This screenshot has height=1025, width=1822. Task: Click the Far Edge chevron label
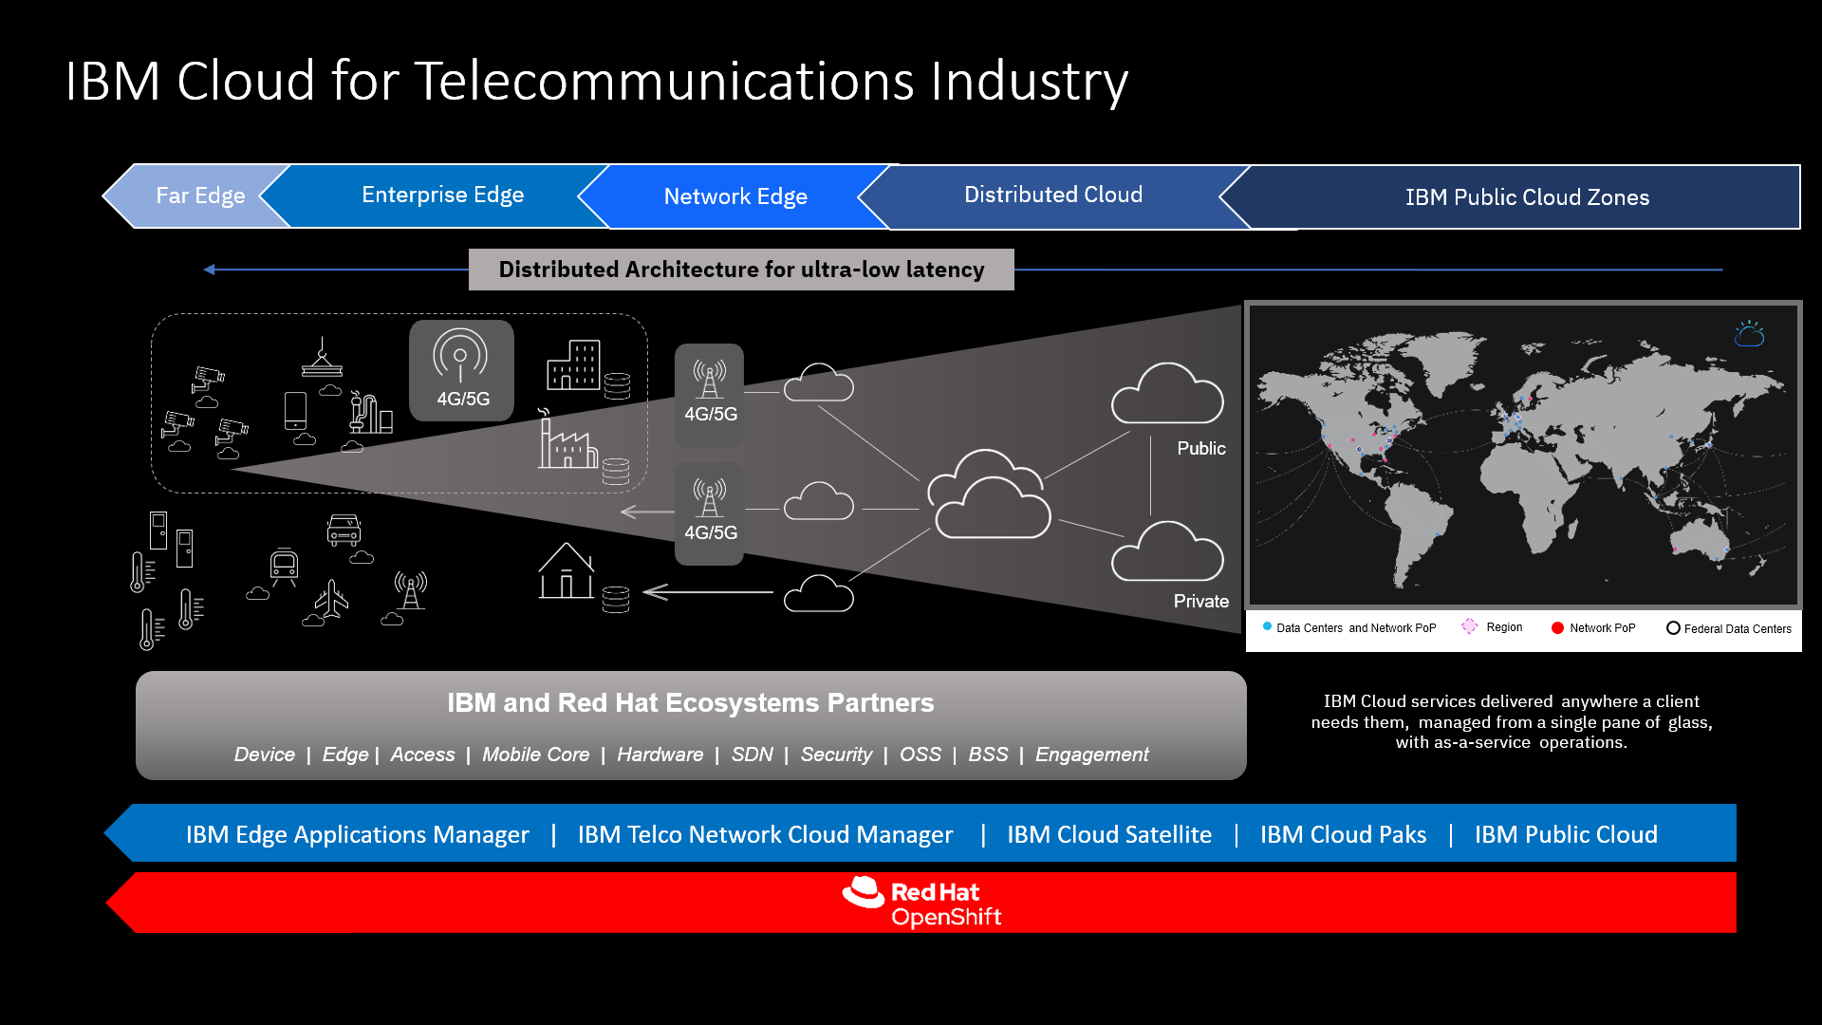(x=200, y=196)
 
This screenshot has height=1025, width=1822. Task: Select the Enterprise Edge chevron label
(x=442, y=195)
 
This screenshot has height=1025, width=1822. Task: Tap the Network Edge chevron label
(x=735, y=196)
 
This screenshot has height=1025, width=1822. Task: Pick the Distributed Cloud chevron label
(x=1053, y=195)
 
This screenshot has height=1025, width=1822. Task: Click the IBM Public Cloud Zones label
(x=1527, y=197)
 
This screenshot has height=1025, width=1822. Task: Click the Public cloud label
(x=1201, y=448)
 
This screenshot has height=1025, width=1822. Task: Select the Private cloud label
(x=1200, y=601)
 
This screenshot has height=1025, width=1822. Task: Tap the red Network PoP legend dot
(x=1557, y=628)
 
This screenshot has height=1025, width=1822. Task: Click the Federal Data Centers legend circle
(x=1673, y=628)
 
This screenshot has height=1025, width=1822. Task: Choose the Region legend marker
(x=1470, y=626)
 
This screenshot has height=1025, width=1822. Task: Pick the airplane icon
(x=332, y=599)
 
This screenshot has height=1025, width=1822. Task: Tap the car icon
(x=344, y=530)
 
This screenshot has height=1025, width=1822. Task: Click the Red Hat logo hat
(x=864, y=893)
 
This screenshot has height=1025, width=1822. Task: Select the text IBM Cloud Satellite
(x=1108, y=834)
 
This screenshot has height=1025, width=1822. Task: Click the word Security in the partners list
(x=836, y=755)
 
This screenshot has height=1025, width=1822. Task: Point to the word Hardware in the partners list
(x=660, y=755)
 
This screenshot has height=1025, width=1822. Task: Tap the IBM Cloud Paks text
(x=1343, y=834)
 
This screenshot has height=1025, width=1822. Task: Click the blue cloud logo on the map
(x=1749, y=334)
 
